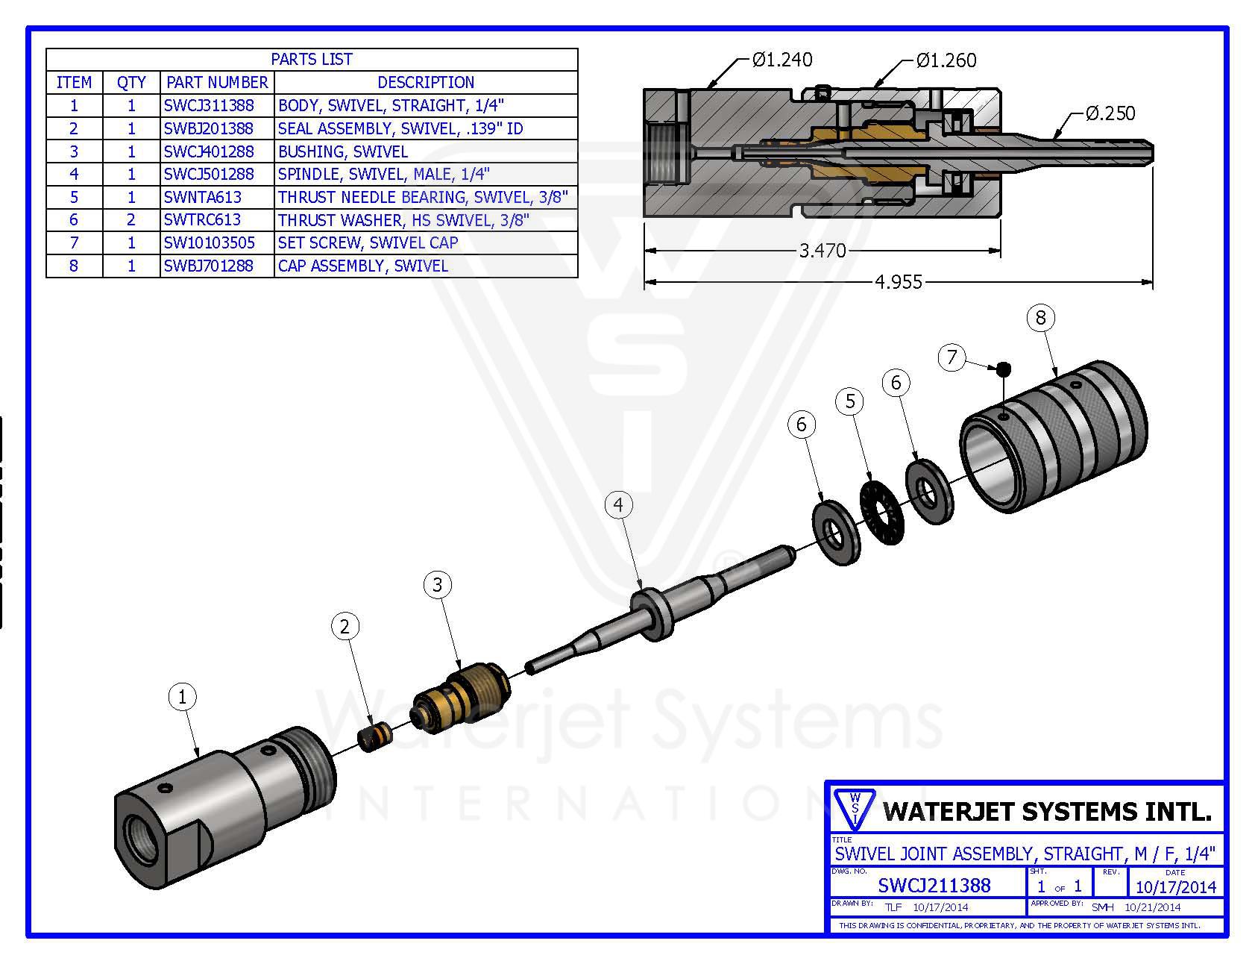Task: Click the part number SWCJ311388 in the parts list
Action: [x=209, y=105]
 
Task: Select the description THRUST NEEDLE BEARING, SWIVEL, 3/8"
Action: [x=423, y=197]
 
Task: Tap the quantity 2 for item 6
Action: [x=131, y=220]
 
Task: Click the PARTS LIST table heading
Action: [x=312, y=60]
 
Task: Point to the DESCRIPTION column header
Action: [x=426, y=82]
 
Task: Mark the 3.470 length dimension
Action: [x=822, y=251]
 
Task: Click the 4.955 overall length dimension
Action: [x=898, y=282]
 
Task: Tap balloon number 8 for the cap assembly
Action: [x=1041, y=318]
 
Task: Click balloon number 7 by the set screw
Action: [x=952, y=357]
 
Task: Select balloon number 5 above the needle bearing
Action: [x=850, y=401]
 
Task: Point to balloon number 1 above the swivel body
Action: [x=182, y=698]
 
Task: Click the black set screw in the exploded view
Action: [x=1004, y=368]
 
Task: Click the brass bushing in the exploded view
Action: [x=462, y=698]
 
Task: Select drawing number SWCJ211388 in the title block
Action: [x=934, y=886]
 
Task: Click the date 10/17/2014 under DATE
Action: [x=1175, y=886]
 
